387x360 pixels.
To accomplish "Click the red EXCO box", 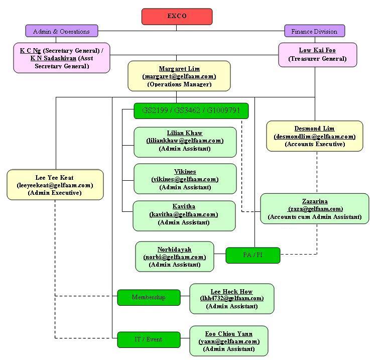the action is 177,17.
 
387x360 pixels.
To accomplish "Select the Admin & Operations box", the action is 62,31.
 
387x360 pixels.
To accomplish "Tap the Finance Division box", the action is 314,31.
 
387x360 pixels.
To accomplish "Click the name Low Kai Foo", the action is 317,50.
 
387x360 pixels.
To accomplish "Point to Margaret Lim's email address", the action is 179,76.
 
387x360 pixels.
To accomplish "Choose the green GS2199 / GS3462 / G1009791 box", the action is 191,111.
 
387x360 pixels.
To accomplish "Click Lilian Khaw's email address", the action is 185,141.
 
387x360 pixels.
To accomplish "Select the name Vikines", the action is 185,172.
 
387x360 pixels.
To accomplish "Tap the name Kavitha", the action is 184,206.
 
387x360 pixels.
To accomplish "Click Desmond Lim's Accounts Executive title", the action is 315,144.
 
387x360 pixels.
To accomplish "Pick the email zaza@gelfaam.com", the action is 315,209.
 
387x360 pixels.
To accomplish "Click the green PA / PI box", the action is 253,255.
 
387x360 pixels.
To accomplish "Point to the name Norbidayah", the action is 174,250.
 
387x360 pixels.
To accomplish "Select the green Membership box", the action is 149,297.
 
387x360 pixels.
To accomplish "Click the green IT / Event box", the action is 149,339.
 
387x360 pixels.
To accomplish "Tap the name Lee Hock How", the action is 231,291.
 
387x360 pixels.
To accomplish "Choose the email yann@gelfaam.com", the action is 229,341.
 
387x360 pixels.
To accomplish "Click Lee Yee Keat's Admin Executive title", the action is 55,193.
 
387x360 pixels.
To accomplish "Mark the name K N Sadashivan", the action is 53,58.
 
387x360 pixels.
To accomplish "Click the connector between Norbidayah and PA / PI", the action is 220,254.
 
